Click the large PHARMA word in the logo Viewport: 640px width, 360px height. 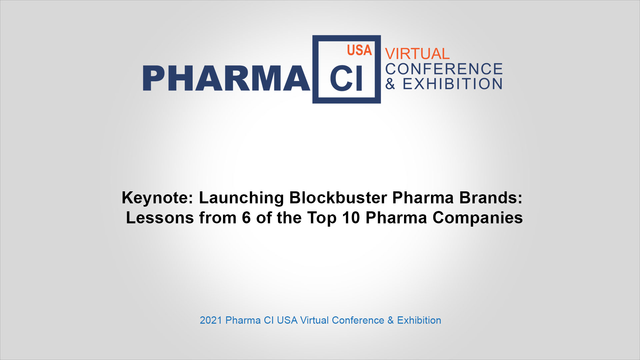[x=226, y=78]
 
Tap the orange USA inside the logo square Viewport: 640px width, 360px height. [x=359, y=50]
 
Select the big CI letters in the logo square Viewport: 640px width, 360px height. [x=346, y=78]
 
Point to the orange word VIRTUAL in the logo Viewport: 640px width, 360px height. [x=417, y=54]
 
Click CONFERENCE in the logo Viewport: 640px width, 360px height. [x=444, y=69]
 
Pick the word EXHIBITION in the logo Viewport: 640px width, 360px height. [x=453, y=84]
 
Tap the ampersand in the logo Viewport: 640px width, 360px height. [x=390, y=84]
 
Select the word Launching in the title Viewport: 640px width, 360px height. [x=241, y=198]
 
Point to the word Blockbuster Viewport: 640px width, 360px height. [x=338, y=198]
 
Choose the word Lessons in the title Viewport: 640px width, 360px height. [x=160, y=218]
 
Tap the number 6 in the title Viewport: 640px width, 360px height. [x=246, y=218]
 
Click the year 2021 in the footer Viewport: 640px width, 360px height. [x=211, y=320]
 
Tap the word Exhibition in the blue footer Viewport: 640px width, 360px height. [x=419, y=320]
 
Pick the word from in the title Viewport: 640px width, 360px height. [x=218, y=218]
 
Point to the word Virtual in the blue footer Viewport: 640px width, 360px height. [x=314, y=320]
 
